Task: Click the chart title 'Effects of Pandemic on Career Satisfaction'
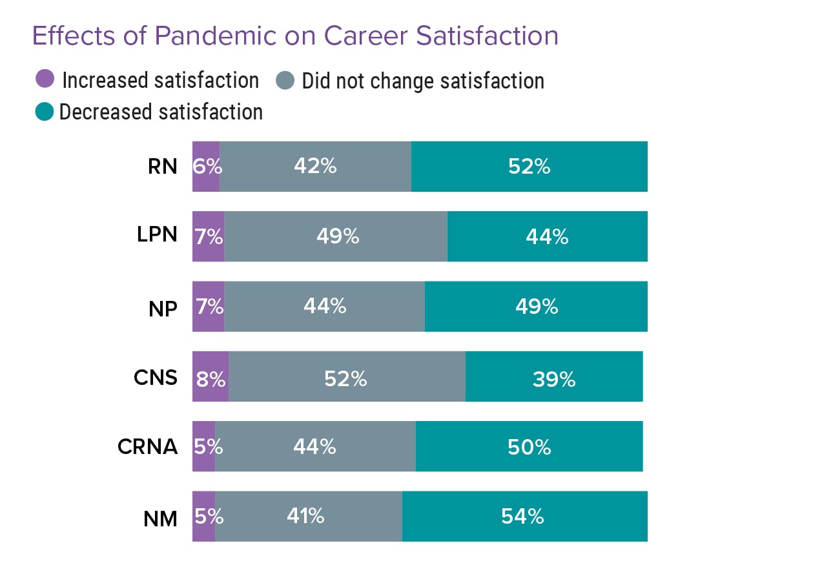295,36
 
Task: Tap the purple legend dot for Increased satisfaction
45,80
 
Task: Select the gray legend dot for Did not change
285,81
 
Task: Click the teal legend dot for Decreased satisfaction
44,112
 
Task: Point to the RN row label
162,167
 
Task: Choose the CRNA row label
147,446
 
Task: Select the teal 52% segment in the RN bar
529,167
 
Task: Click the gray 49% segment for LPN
336,236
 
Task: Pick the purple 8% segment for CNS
211,376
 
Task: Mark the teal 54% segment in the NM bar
524,516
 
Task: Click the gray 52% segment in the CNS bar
346,376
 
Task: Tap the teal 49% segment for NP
536,306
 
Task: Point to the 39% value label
553,379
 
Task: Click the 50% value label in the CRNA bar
529,447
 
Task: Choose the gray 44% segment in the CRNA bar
315,446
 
